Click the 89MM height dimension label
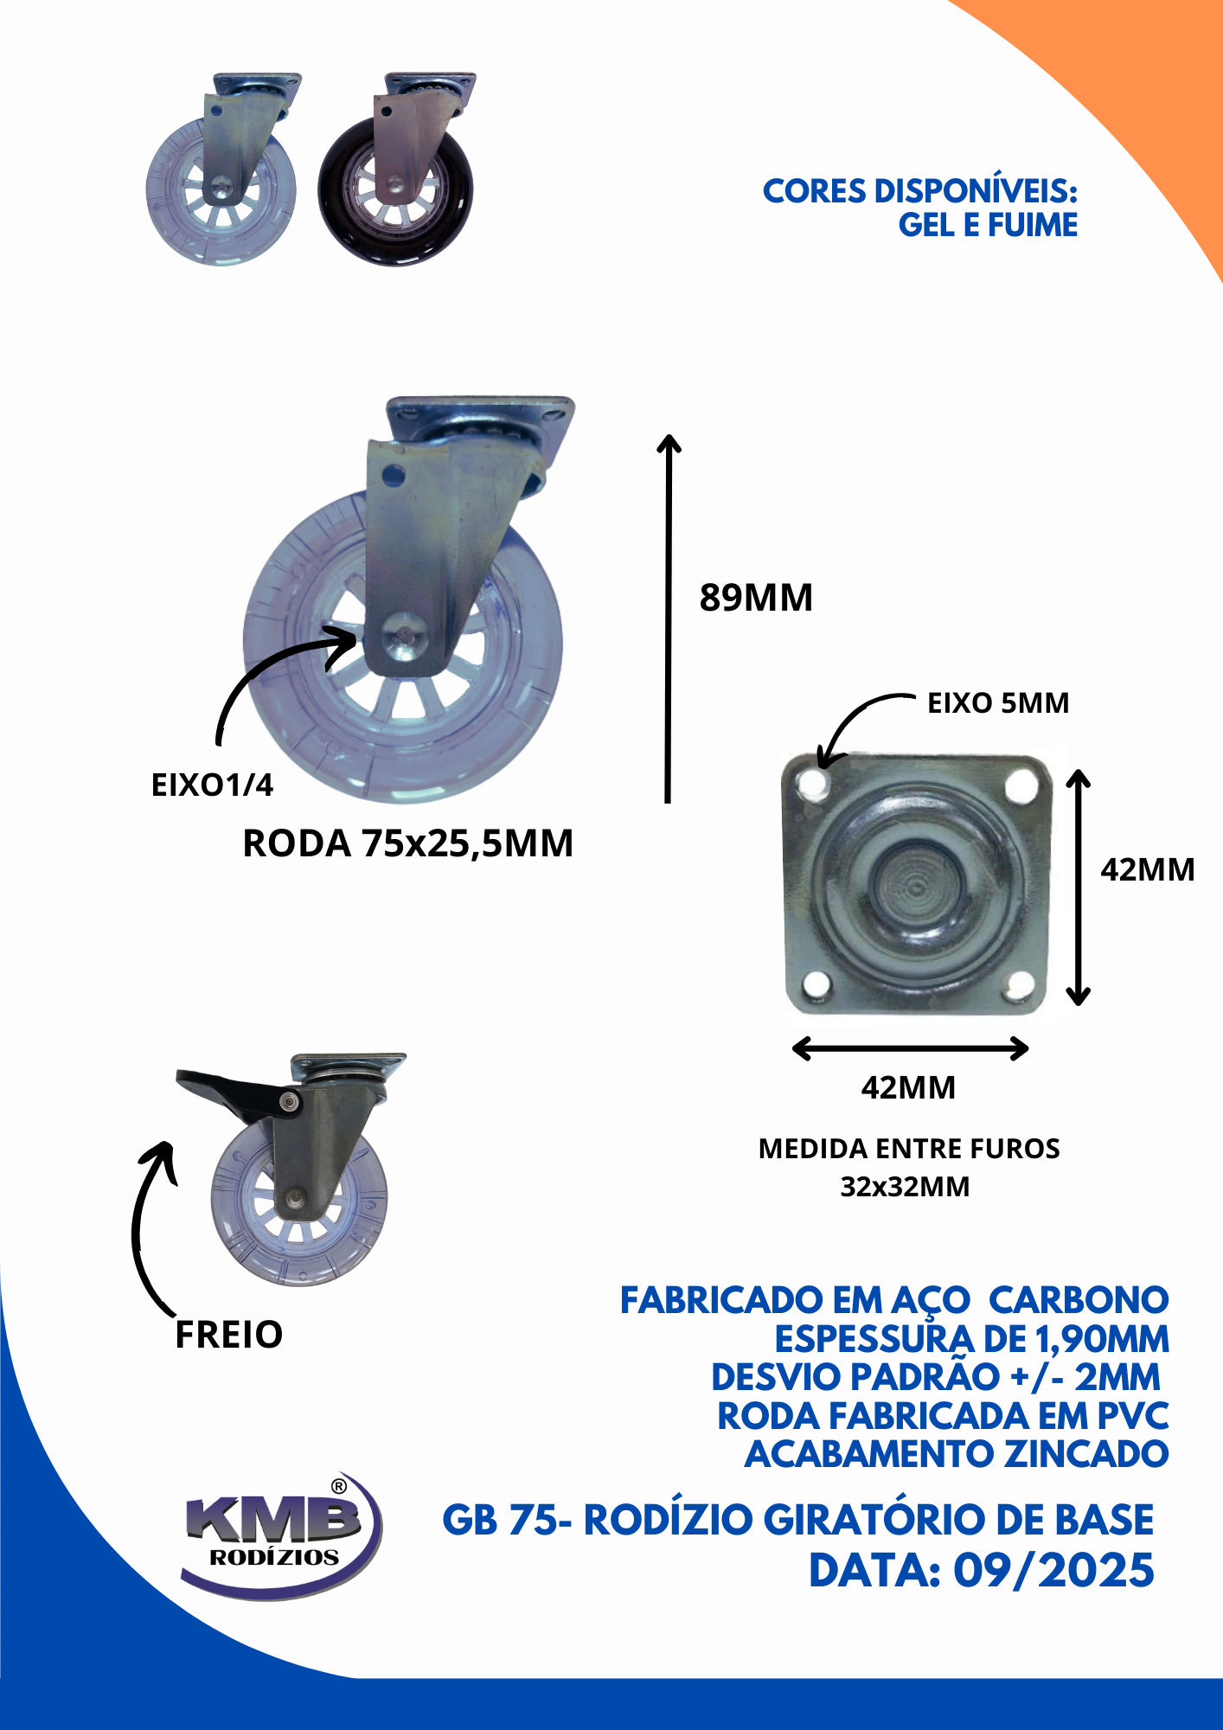[756, 598]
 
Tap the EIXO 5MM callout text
[998, 702]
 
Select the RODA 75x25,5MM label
[408, 843]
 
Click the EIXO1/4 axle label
[212, 785]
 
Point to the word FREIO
[229, 1335]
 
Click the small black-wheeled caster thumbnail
[397, 170]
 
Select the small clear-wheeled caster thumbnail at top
[223, 170]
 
